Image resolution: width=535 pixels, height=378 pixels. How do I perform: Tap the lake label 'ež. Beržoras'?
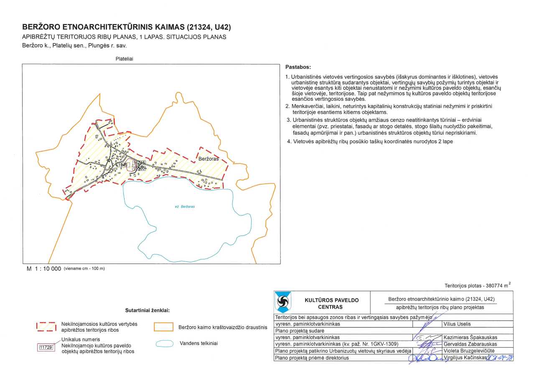185,207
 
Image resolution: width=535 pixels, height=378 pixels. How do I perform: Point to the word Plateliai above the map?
124,59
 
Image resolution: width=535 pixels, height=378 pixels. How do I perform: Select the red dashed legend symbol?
46,327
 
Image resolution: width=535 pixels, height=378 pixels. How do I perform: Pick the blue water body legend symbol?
164,343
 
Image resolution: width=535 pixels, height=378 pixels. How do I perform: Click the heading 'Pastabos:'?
298,67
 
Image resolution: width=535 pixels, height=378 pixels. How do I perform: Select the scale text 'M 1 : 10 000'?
44,269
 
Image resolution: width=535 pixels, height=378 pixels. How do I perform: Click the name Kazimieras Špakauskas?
470,337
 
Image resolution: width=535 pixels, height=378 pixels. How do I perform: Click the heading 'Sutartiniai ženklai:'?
147,311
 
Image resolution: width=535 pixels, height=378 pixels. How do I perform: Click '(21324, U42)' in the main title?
206,27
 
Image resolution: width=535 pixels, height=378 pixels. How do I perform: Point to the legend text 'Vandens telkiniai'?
199,343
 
